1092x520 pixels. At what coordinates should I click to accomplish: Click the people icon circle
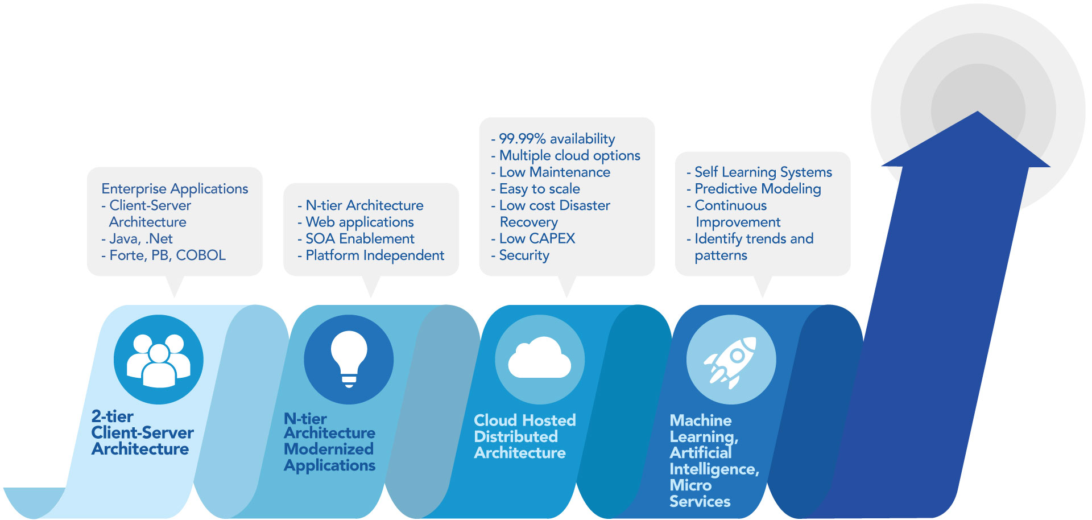pyautogui.click(x=158, y=360)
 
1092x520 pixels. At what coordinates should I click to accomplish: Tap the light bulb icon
pyautogui.click(x=349, y=358)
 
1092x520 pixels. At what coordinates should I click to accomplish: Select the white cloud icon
pyautogui.click(x=539, y=358)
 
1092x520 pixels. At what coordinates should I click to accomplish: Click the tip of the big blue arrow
pyautogui.click(x=977, y=114)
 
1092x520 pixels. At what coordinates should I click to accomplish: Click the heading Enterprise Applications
pyautogui.click(x=175, y=188)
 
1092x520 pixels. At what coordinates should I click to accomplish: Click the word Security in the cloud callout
pyautogui.click(x=524, y=255)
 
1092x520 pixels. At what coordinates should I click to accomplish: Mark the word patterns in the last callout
pyautogui.click(x=721, y=255)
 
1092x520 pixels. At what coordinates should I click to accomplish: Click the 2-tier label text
pyautogui.click(x=113, y=416)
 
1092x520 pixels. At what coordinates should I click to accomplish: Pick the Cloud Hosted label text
pyautogui.click(x=524, y=420)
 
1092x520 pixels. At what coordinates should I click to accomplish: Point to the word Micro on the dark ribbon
pyautogui.click(x=690, y=485)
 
